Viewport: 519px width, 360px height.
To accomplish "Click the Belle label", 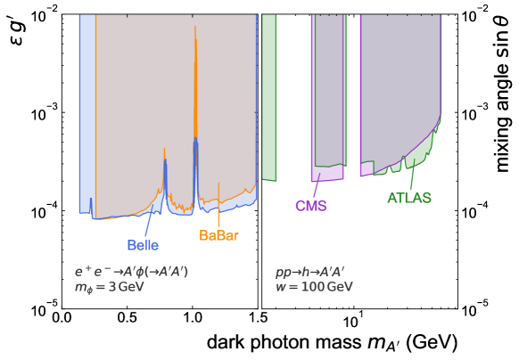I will (143, 245).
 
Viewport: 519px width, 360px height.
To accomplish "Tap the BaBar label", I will (218, 236).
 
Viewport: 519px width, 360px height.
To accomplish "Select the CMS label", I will (311, 206).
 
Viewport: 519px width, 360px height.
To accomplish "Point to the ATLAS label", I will (409, 198).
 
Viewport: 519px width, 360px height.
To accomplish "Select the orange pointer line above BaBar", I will (218, 205).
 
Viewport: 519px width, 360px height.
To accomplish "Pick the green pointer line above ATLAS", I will (411, 176).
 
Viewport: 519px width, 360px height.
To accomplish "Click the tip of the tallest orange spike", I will (195, 27).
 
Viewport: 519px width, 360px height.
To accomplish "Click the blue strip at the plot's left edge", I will (86, 116).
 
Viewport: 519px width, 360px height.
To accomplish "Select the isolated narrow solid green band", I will (269, 98).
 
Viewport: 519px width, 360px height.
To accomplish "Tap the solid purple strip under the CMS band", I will (326, 174).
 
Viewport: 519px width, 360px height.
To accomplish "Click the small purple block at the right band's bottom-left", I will (366, 169).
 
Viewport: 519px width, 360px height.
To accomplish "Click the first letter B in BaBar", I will (203, 236).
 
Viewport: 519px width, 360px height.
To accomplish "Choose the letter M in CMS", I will (311, 206).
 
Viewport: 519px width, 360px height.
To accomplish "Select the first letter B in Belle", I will (131, 245).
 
